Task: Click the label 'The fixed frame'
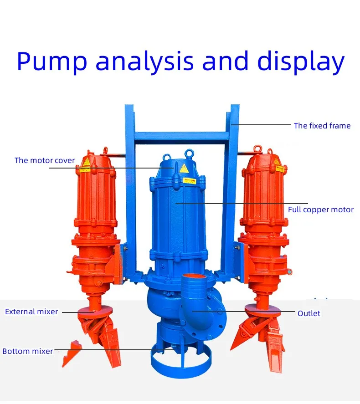pos(322,126)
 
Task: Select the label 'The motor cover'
pos(45,160)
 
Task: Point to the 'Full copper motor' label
pos(321,210)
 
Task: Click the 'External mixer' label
pos(32,312)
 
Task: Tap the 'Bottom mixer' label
pos(27,351)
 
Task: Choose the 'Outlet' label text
pos(309,313)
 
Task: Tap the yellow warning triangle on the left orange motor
pos(85,162)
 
